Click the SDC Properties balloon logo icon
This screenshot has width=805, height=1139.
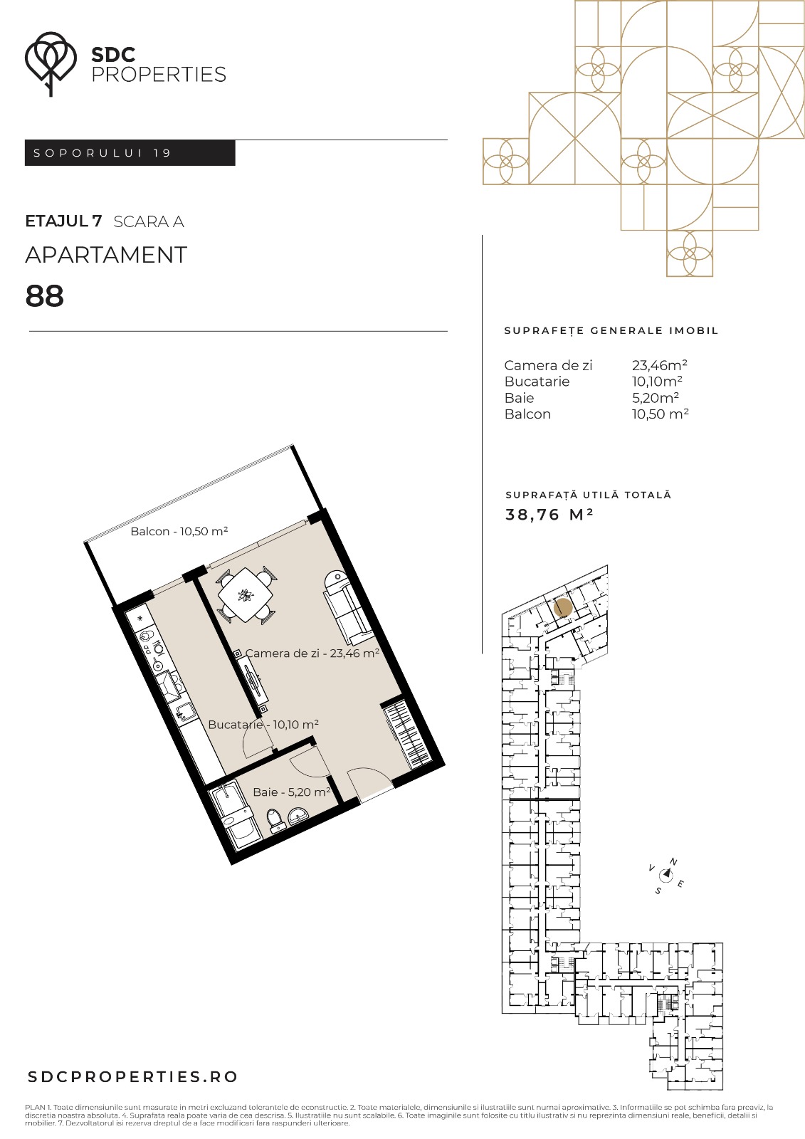pyautogui.click(x=51, y=63)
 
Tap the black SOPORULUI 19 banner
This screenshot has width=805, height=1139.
pyautogui.click(x=130, y=152)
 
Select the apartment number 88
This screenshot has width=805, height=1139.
pyautogui.click(x=45, y=296)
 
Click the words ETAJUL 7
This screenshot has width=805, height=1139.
pyautogui.click(x=63, y=221)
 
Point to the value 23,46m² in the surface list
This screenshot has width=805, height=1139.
pyautogui.click(x=660, y=365)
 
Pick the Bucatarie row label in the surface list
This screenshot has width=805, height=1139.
pyautogui.click(x=537, y=382)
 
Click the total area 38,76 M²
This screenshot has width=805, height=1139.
pyautogui.click(x=549, y=515)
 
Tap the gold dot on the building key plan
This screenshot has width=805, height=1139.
pyautogui.click(x=563, y=608)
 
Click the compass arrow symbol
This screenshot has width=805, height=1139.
pyautogui.click(x=665, y=874)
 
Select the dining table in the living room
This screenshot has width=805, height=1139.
pyautogui.click(x=246, y=594)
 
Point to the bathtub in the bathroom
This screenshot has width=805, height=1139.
pyautogui.click(x=236, y=816)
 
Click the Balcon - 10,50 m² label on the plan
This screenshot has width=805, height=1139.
pyautogui.click(x=179, y=531)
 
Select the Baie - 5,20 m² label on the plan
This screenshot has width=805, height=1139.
pyautogui.click(x=292, y=792)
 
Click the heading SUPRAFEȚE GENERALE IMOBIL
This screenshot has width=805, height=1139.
pyautogui.click(x=611, y=330)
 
